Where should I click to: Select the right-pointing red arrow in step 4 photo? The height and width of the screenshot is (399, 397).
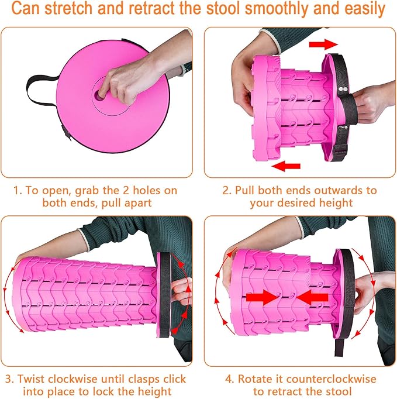click(x=262, y=297)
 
